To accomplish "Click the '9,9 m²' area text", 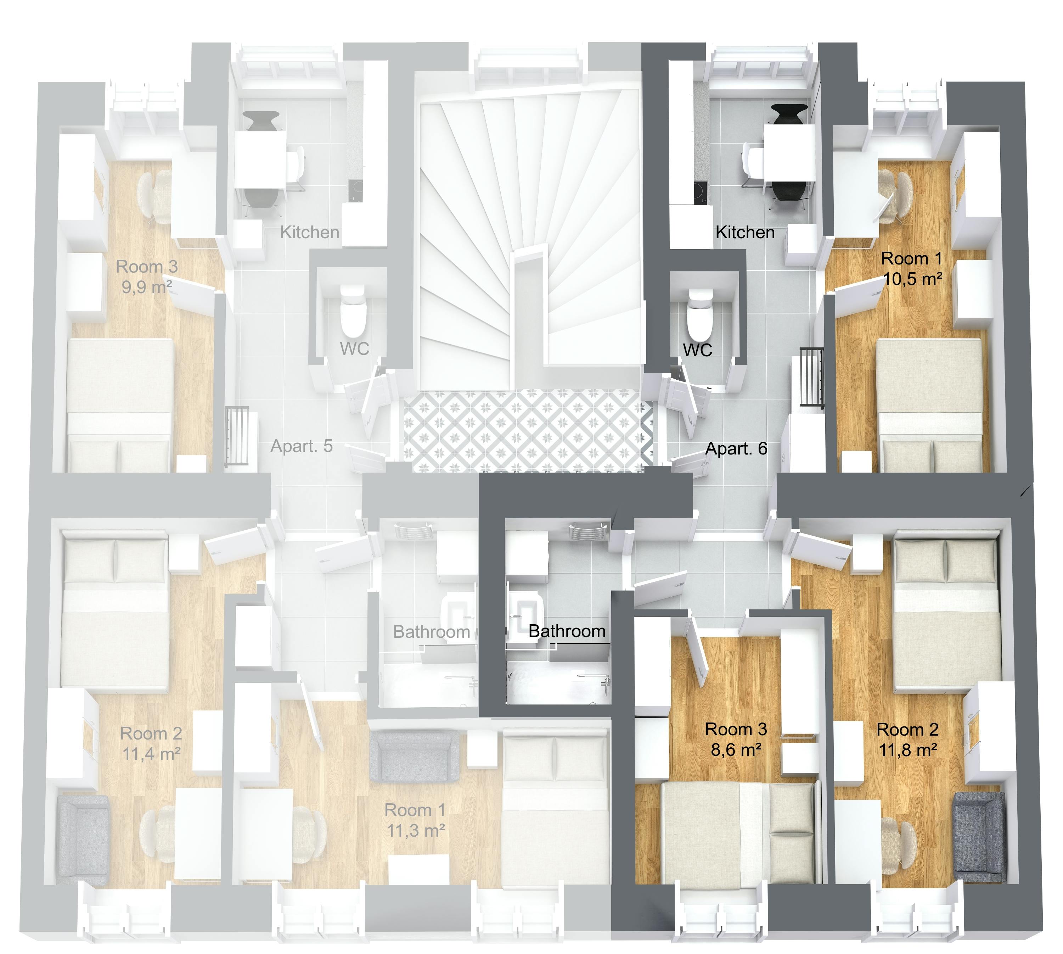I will [147, 287].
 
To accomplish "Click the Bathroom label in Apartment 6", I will [567, 631].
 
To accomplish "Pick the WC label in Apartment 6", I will [697, 350].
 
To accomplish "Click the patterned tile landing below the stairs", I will [527, 430].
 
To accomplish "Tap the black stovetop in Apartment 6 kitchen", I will [700, 192].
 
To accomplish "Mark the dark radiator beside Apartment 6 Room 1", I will [811, 376].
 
